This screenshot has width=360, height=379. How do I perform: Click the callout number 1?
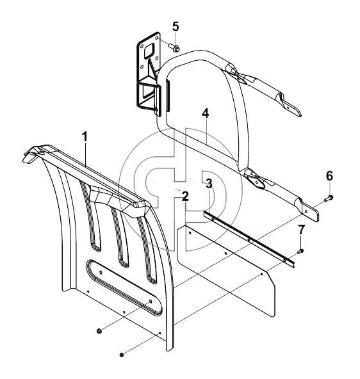coord(85,137)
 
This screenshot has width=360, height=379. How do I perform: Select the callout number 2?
coord(185,197)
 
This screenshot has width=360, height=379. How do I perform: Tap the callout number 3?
coord(209,184)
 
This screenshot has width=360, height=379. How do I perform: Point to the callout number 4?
coord(205,113)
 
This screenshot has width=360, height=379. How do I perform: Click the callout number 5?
coord(176,26)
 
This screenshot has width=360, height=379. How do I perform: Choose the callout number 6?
coord(329,176)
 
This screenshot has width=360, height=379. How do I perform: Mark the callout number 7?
coord(301,230)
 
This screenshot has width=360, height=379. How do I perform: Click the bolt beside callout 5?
coord(174,47)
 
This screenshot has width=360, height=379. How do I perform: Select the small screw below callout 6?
coord(329,198)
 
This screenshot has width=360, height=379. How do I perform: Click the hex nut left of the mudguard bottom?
coord(99,331)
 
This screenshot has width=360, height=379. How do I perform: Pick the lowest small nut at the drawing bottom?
coord(122,355)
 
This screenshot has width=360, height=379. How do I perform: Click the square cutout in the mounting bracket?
coord(150,51)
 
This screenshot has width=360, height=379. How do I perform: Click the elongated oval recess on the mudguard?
coord(124,287)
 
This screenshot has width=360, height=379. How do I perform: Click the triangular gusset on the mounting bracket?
coord(152,69)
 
